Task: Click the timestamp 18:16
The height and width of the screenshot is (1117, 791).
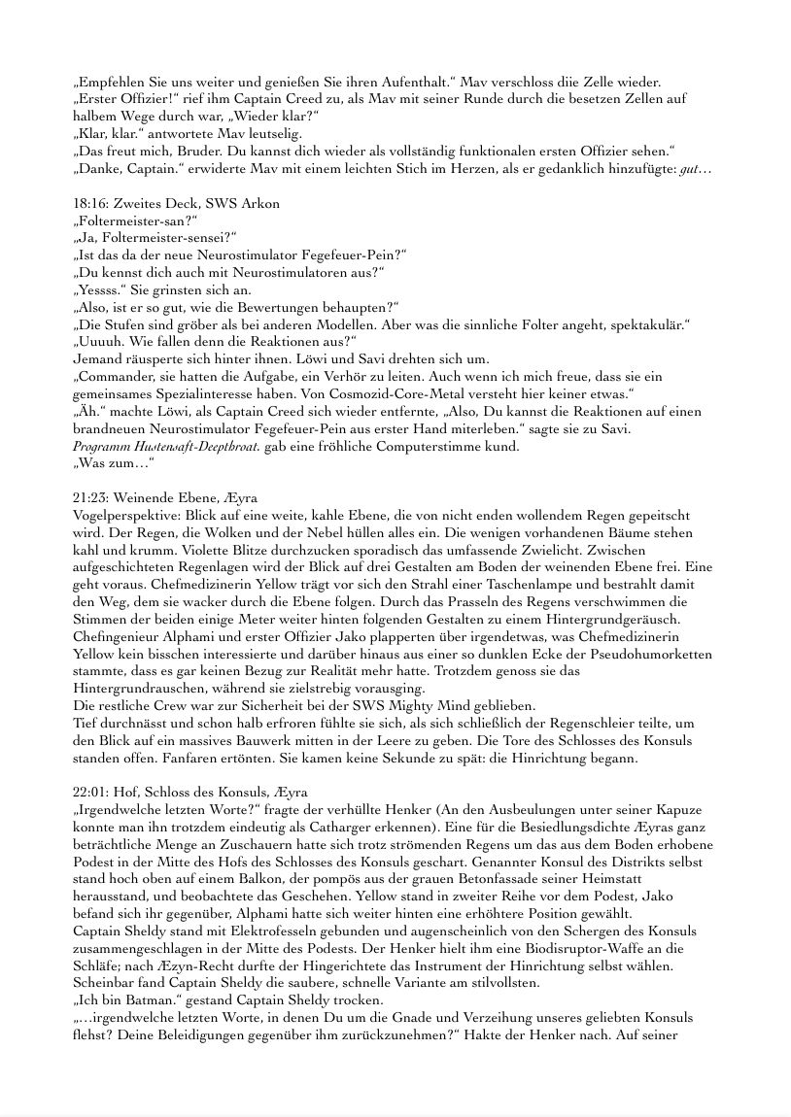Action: click(88, 204)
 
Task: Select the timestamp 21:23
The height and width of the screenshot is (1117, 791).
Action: click(89, 497)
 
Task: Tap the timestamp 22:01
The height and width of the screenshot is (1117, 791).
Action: click(89, 792)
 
